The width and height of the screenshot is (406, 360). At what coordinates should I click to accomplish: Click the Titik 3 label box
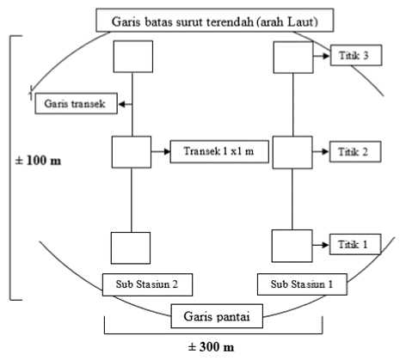pos(356,55)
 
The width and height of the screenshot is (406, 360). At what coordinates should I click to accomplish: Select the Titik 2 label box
pos(355,152)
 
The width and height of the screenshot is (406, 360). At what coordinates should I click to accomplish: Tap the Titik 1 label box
pos(355,245)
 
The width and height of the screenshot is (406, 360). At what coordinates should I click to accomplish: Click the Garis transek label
pos(76,103)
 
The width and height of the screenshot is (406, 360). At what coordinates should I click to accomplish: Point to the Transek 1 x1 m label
pos(219,151)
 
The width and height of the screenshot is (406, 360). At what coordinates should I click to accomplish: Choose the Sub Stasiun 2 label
pos(147,284)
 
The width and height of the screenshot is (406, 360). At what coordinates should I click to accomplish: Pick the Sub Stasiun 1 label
pos(302,284)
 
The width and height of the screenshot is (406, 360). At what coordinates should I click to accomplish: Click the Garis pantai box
pos(217,316)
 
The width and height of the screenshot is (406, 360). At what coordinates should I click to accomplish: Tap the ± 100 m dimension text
pos(38,161)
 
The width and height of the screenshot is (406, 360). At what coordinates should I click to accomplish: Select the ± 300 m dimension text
pos(211,347)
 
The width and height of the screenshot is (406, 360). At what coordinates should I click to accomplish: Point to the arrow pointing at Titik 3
pos(322,56)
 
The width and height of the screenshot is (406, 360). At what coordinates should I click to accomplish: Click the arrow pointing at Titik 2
pos(321,151)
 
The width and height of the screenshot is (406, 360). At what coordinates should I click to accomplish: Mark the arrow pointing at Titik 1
pos(321,245)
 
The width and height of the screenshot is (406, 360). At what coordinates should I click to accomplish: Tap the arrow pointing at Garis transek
pos(126,104)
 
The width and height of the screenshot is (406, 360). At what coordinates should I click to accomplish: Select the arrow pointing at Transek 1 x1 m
pos(161,151)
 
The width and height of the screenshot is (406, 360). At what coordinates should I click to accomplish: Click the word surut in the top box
pos(188,21)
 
